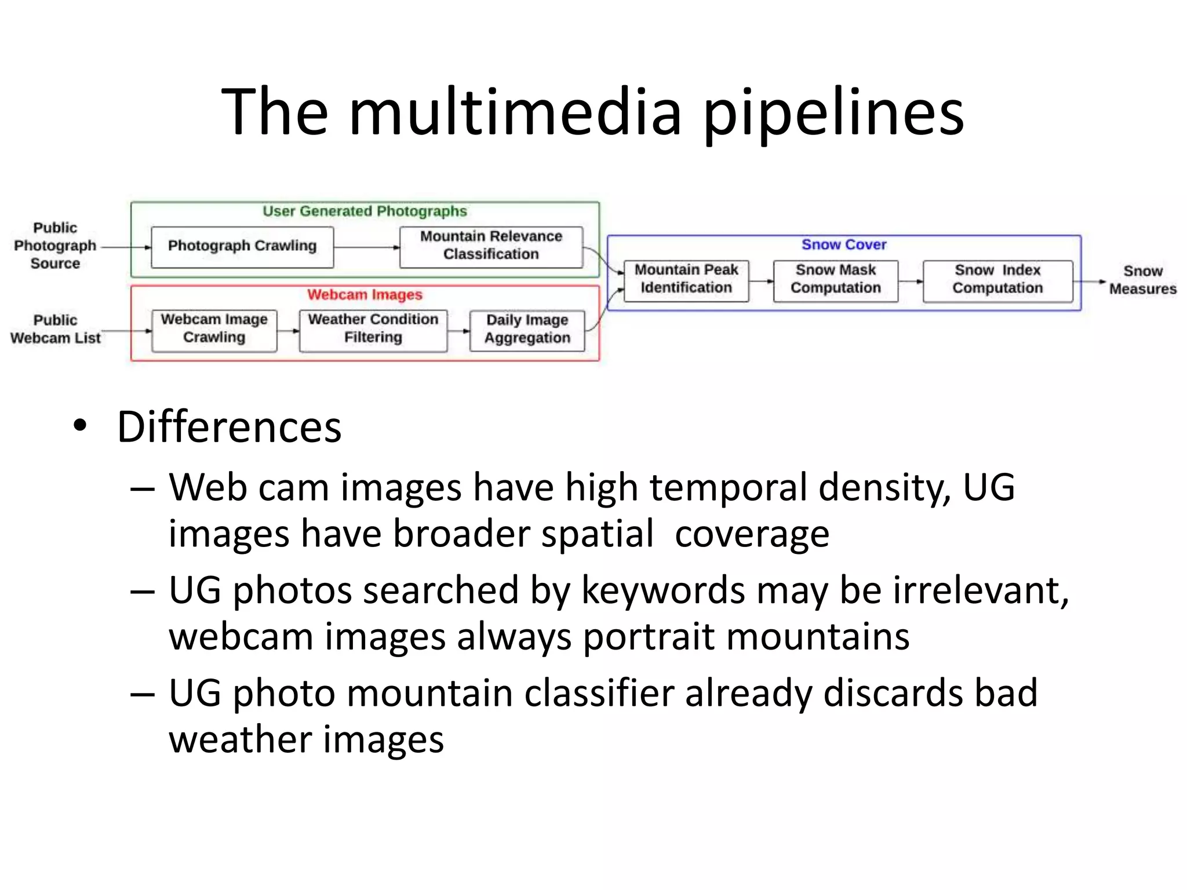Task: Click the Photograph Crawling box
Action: tap(242, 246)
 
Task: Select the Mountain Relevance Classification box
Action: tap(491, 246)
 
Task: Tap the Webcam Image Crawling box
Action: tap(214, 329)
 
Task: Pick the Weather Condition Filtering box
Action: tap(373, 329)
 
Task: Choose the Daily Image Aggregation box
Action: tap(527, 330)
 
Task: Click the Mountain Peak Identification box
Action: tap(686, 280)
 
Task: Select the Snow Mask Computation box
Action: tap(835, 280)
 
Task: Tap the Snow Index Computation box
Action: tap(997, 280)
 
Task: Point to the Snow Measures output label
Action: tap(1142, 280)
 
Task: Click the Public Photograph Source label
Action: tap(55, 246)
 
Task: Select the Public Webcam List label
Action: tap(55, 329)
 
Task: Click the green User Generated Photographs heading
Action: tap(365, 211)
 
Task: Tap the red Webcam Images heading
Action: tap(365, 295)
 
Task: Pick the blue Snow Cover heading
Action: tap(844, 245)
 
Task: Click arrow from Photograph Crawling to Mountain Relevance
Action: tap(366, 247)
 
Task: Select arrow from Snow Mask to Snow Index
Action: tap(911, 282)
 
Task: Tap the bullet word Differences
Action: tap(229, 428)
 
